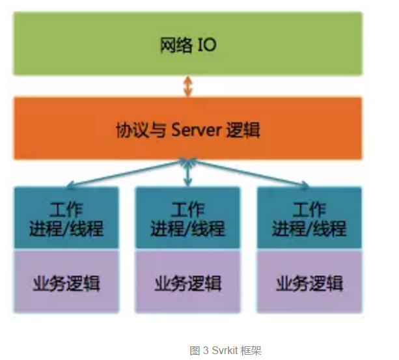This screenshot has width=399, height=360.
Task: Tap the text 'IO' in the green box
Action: (x=206, y=46)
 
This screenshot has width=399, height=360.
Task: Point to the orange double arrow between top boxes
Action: (x=188, y=86)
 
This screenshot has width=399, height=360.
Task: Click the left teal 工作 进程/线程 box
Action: (x=66, y=218)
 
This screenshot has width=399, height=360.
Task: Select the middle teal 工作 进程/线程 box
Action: (x=187, y=218)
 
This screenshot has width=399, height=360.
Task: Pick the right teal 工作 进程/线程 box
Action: (x=309, y=218)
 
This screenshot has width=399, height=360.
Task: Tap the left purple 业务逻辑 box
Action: (x=66, y=284)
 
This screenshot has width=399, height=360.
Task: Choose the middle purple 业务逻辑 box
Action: (x=187, y=284)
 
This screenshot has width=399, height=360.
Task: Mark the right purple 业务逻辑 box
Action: (x=309, y=284)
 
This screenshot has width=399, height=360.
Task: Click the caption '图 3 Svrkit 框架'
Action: (x=225, y=350)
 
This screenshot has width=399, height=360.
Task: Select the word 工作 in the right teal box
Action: (x=309, y=210)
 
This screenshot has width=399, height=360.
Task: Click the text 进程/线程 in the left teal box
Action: (x=66, y=228)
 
